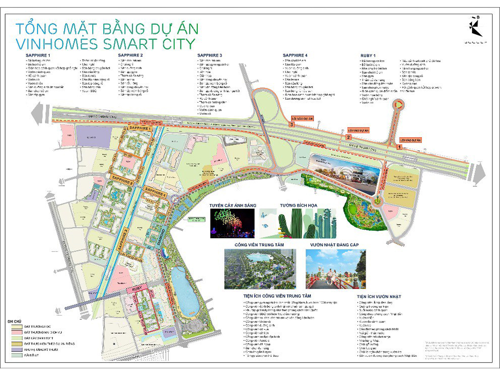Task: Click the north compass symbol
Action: click(x=475, y=27)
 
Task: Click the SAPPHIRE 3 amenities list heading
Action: click(x=209, y=55)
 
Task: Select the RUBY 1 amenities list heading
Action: click(x=368, y=56)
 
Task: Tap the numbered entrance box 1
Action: click(x=399, y=147)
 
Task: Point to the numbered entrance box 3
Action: click(x=292, y=125)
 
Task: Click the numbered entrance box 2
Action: click(x=348, y=137)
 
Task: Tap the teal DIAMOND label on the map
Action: click(x=162, y=237)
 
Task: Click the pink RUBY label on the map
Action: click(x=137, y=289)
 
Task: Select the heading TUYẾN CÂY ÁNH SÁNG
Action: click(x=232, y=206)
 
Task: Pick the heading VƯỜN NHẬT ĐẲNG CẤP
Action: click(x=334, y=245)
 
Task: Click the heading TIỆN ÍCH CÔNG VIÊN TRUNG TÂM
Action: click(x=277, y=296)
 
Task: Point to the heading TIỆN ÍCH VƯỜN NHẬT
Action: click(x=379, y=297)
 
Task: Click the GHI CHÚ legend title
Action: click(x=14, y=321)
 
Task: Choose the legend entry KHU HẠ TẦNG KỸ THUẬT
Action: click(x=41, y=350)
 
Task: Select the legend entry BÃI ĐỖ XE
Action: click(x=31, y=355)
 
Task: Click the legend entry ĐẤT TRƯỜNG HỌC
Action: click(x=37, y=327)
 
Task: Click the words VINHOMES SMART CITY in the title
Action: click(x=105, y=44)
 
